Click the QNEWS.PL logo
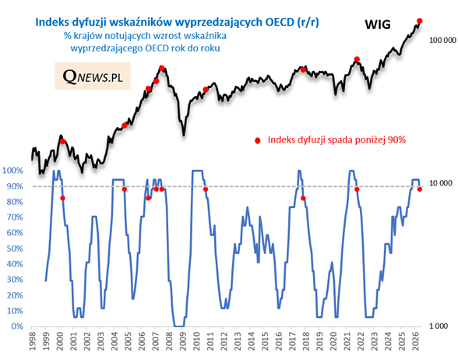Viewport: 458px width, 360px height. (x=92, y=76)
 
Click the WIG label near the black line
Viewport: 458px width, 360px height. (x=378, y=25)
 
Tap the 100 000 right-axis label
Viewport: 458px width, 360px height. (x=442, y=41)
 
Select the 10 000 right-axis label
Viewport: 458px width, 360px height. (x=441, y=183)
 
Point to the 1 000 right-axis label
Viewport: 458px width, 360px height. (x=439, y=326)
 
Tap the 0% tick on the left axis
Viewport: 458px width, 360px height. (x=17, y=326)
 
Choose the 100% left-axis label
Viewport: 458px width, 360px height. (x=12, y=171)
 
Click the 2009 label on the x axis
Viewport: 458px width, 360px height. (x=182, y=342)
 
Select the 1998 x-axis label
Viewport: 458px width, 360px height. (x=31, y=342)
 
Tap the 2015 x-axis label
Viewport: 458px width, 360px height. (x=264, y=342)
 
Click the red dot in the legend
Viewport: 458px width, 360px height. (x=257, y=141)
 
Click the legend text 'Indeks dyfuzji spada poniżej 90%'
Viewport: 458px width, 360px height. (x=336, y=140)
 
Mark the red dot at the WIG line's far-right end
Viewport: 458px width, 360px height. (x=419, y=21)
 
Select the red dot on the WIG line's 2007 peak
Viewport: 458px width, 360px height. (x=162, y=69)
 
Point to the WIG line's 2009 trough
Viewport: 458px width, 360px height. (x=184, y=135)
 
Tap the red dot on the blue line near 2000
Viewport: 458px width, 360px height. (x=62, y=198)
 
